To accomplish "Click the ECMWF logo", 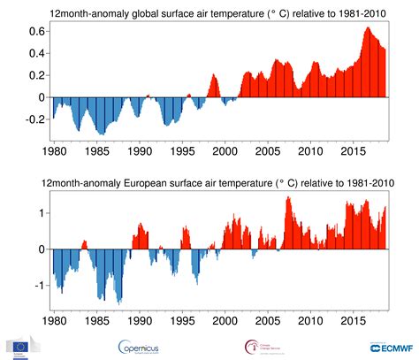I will (388, 346).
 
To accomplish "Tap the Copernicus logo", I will (145, 346).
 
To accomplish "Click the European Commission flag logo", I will (19, 346).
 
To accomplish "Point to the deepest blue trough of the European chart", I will (119, 301).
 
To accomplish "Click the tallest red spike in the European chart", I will (288, 198).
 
